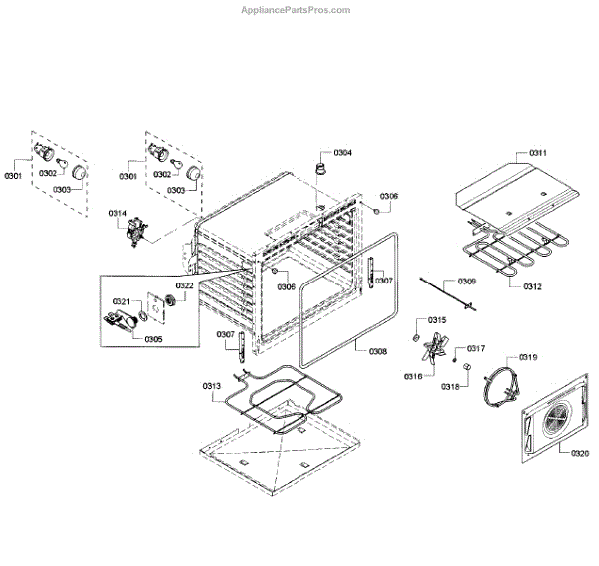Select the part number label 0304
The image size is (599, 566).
(x=342, y=152)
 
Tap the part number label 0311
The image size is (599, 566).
(x=537, y=152)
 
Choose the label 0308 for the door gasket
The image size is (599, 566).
(x=377, y=351)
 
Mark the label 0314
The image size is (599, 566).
(x=118, y=213)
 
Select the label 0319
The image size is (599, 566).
(x=528, y=356)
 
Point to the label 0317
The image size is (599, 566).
(x=476, y=348)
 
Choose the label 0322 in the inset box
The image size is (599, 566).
(x=185, y=286)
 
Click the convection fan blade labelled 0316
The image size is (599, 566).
(x=431, y=354)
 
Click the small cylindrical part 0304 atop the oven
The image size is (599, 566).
(x=321, y=164)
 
